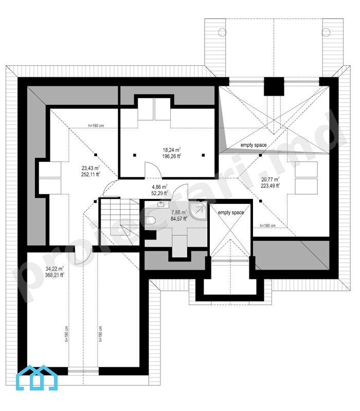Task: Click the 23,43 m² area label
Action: click(91, 171)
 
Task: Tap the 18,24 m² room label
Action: click(172, 153)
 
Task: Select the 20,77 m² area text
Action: click(271, 182)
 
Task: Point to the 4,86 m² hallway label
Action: click(159, 190)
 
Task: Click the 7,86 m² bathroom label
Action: click(179, 215)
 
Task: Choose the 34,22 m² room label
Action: click(55, 272)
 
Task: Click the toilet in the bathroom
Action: click(151, 220)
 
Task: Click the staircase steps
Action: click(120, 222)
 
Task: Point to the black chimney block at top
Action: click(274, 86)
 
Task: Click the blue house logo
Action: click(37, 377)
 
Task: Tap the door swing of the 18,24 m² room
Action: click(153, 170)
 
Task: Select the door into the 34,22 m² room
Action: click(83, 254)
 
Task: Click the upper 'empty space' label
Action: click(254, 145)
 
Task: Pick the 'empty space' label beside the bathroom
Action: click(231, 213)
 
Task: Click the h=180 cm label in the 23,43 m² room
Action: click(96, 125)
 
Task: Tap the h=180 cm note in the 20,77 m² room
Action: click(267, 226)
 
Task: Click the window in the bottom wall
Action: click(83, 371)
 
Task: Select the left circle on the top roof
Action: click(222, 32)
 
